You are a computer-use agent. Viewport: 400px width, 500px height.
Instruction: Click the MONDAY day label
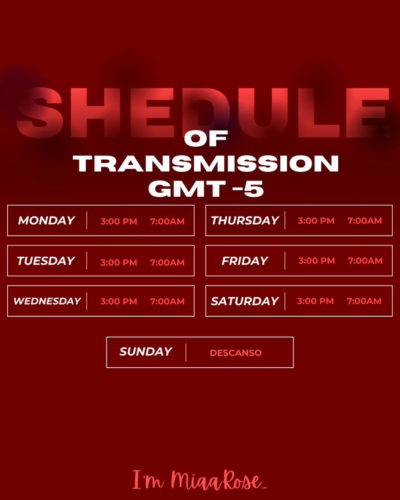point(46,220)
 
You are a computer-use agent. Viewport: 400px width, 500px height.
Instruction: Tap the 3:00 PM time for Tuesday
point(119,263)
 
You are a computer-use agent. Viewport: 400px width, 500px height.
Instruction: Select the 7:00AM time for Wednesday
point(167,301)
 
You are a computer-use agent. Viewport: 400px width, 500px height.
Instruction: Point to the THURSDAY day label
point(245,220)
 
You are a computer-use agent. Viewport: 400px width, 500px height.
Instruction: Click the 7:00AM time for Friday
point(365,261)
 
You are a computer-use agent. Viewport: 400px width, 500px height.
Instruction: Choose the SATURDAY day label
point(245,301)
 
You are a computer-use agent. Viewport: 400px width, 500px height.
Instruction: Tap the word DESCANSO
point(236,353)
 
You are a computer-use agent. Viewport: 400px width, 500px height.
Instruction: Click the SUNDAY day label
point(146,352)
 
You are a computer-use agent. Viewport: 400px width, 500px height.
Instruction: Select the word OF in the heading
point(206,139)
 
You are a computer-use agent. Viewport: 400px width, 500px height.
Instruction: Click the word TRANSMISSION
point(206,163)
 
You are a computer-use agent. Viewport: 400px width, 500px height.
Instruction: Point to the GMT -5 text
point(206,188)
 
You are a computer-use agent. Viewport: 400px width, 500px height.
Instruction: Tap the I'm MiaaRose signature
point(200,480)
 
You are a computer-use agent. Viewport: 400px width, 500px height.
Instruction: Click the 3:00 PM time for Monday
point(119,221)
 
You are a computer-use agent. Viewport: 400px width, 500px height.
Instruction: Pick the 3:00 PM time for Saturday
point(316,301)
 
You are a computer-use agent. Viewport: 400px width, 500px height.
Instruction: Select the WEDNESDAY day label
point(47,301)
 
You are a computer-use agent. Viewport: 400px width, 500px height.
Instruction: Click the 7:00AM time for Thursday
point(365,221)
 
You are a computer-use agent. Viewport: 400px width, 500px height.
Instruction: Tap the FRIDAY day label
point(245,261)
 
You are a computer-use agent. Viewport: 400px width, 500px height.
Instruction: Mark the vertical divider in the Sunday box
point(186,352)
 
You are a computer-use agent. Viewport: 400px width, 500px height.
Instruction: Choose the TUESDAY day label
point(46,261)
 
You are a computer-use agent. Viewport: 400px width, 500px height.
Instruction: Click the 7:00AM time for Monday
point(167,221)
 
